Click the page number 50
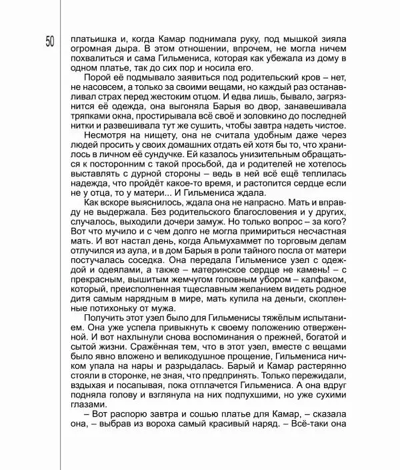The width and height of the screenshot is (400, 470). [x=51, y=41]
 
